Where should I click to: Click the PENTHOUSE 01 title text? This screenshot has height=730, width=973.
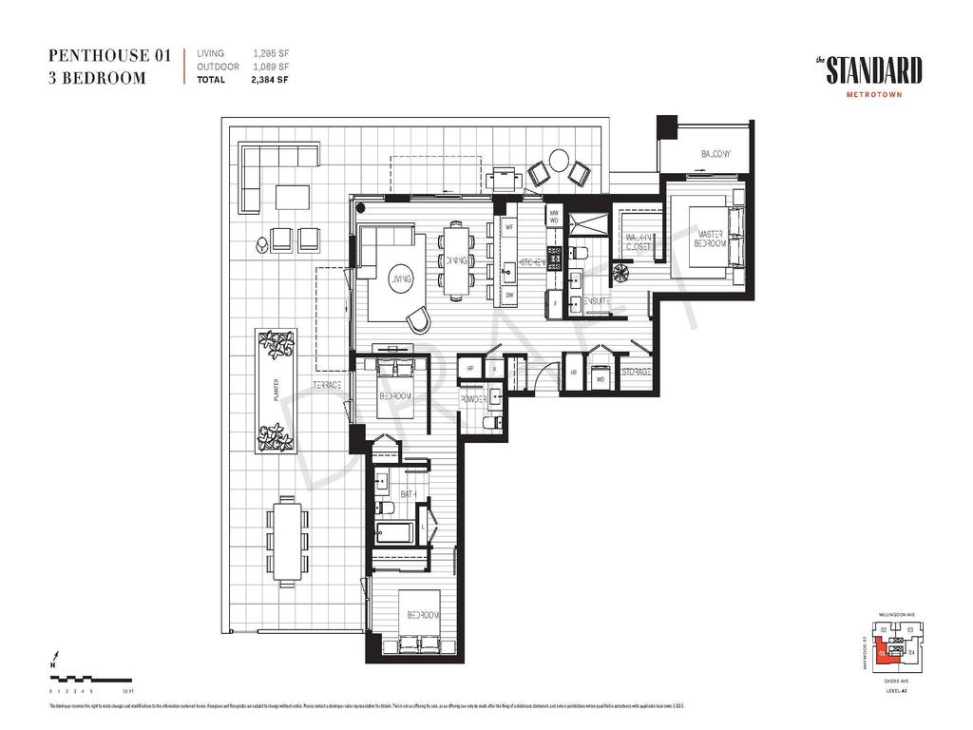pos(109,56)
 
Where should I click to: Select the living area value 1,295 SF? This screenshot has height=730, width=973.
pos(270,54)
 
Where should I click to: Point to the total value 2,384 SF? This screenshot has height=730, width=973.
pos(270,80)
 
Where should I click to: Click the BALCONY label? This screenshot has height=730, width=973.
pos(715,154)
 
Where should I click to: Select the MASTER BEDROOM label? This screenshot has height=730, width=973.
pos(711,239)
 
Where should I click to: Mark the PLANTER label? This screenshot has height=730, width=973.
pos(275,390)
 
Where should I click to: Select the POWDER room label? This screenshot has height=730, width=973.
pos(473,400)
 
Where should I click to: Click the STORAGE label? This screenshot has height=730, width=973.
pos(636,372)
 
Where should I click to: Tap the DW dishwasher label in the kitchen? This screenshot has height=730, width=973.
pos(509,296)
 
